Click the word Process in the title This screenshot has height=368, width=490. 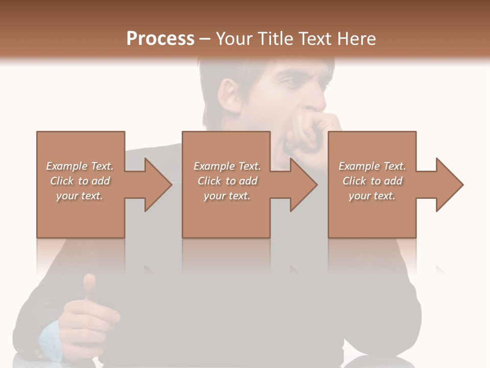pos(160,39)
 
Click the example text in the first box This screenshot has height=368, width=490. pos(80,180)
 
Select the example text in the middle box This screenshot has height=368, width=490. pos(227,180)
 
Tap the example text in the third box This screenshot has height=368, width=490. pos(372,180)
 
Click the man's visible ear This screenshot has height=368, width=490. pos(229,97)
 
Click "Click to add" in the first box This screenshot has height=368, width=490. pos(80,181)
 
